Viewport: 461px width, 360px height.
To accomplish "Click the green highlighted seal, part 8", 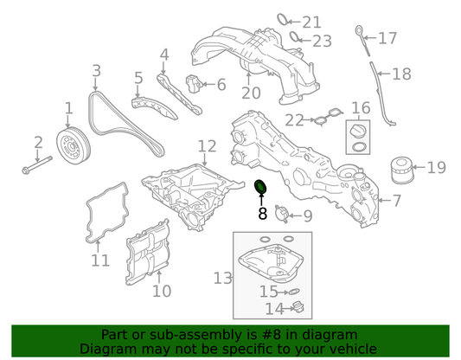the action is pyautogui.click(x=261, y=186).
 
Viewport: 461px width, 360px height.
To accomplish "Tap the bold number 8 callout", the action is pyautogui.click(x=262, y=214).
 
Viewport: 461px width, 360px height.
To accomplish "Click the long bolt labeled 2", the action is pyautogui.click(x=37, y=164).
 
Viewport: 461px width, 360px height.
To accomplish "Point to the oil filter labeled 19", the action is pyautogui.click(x=402, y=170).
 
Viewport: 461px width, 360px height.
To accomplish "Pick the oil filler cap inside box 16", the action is pyautogui.click(x=357, y=130).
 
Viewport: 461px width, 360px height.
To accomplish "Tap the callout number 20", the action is pyautogui.click(x=251, y=93).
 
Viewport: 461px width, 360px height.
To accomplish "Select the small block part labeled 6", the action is pyautogui.click(x=194, y=84).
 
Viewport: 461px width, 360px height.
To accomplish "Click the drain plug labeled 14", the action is pyautogui.click(x=298, y=307).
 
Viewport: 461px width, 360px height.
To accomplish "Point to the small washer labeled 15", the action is pyautogui.click(x=294, y=292).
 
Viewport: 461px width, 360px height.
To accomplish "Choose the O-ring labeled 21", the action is pyautogui.click(x=283, y=20).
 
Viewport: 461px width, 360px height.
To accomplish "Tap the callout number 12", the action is pyautogui.click(x=207, y=146).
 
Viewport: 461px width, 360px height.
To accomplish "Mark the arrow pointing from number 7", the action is pyautogui.click(x=385, y=200).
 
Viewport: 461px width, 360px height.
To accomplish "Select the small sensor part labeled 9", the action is pyautogui.click(x=281, y=214).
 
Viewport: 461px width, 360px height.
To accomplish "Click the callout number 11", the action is pyautogui.click(x=100, y=260).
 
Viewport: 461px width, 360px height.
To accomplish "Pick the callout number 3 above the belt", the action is pyautogui.click(x=96, y=71).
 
